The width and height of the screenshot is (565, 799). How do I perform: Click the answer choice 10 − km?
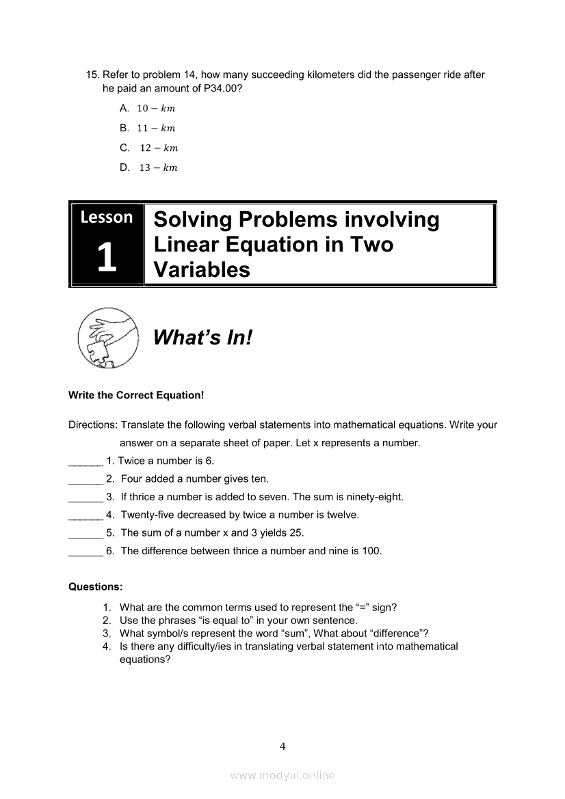156,108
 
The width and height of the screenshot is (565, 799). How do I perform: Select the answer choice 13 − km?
157,167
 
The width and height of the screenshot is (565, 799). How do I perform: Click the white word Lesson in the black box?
107,217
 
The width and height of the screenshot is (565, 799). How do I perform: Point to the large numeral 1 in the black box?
106,258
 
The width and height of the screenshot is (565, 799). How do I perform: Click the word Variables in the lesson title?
202,269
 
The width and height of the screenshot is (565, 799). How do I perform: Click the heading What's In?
202,337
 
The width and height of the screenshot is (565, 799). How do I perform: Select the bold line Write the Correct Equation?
136,395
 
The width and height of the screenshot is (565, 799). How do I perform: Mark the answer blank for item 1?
86,463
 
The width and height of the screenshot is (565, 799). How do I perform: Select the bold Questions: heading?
96,586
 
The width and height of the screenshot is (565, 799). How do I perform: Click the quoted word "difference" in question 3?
399,633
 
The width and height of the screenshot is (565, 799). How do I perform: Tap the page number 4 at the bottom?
282,746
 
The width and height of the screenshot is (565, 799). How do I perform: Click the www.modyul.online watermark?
282,775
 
